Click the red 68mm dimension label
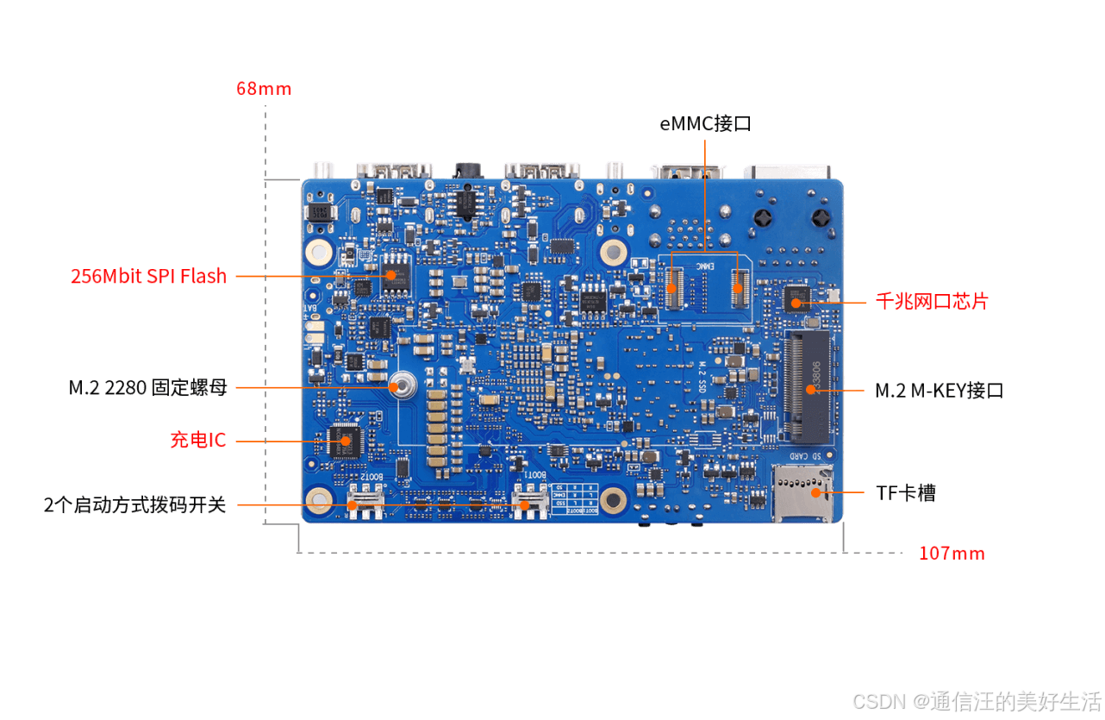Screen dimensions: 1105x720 pyautogui.click(x=264, y=88)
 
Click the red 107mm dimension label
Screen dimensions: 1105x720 pyautogui.click(x=952, y=553)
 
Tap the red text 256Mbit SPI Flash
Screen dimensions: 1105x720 pyautogui.click(x=148, y=276)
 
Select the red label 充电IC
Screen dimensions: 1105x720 pyautogui.click(x=197, y=440)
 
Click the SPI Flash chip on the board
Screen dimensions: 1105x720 pyautogui.click(x=396, y=275)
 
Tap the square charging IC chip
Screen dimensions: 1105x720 pyautogui.click(x=345, y=441)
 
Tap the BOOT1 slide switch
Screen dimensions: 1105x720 pyautogui.click(x=529, y=500)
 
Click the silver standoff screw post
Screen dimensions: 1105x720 pyautogui.click(x=400, y=386)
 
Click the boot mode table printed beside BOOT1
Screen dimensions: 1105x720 pyautogui.click(x=574, y=499)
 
